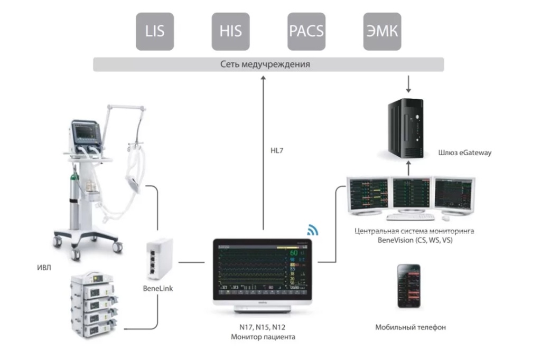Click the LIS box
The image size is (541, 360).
(x=155, y=31)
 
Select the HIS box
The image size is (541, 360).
(x=230, y=31)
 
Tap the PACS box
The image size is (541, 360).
(x=306, y=31)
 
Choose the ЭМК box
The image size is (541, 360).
(x=383, y=31)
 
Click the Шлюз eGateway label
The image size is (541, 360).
(x=465, y=153)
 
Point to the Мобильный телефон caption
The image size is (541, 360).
(x=411, y=327)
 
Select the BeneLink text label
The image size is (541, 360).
(x=158, y=289)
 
